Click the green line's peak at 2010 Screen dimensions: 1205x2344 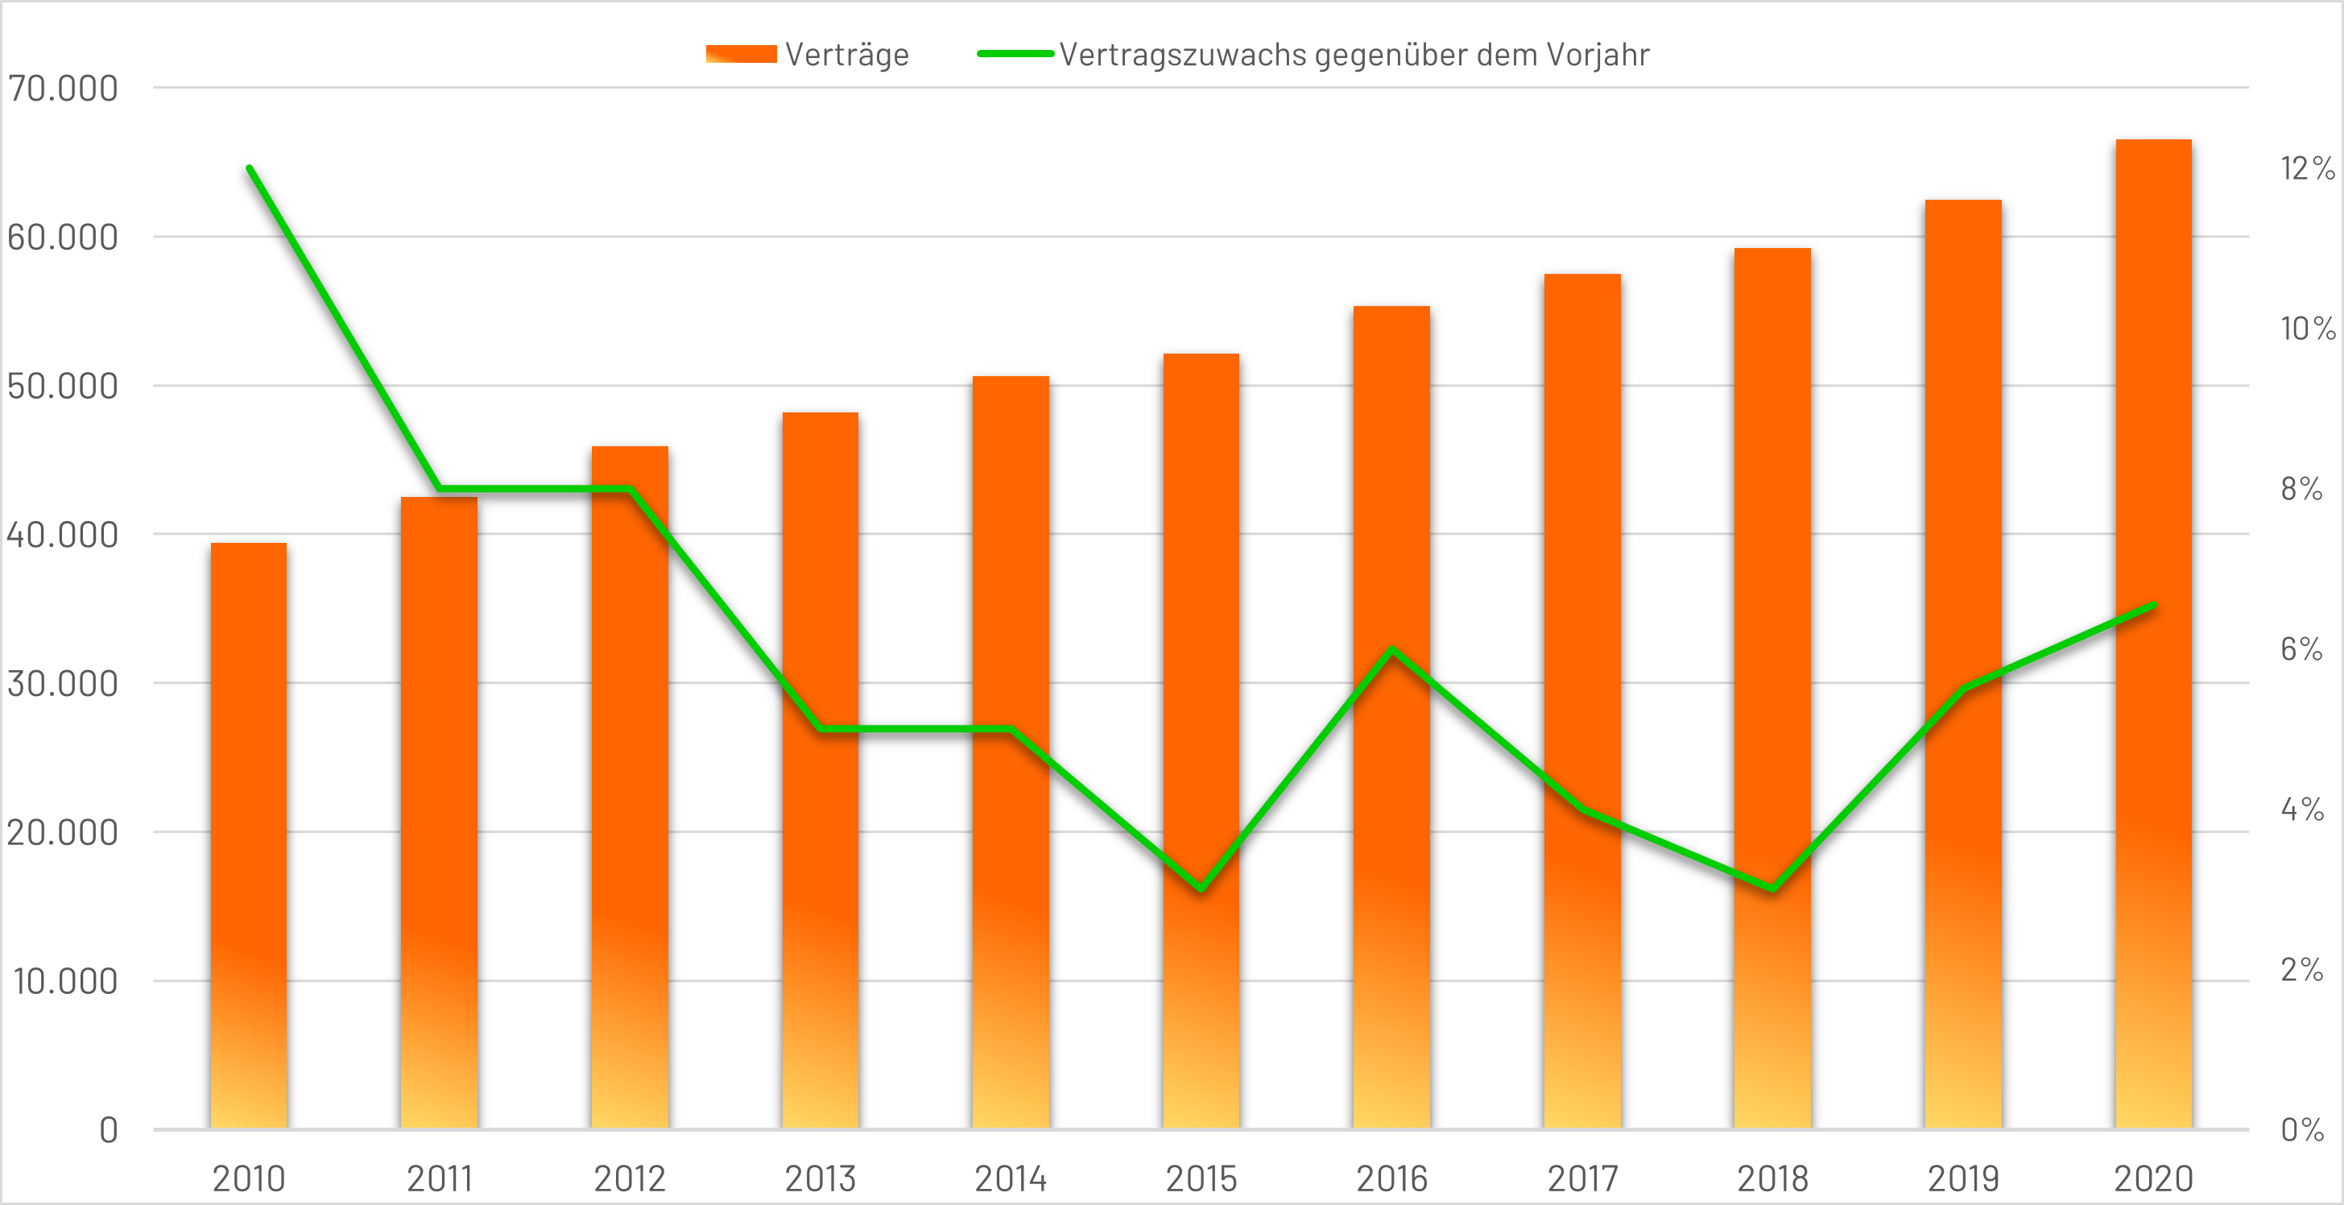(250, 168)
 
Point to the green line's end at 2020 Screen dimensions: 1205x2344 (2153, 605)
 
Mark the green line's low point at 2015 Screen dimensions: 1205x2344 (1201, 888)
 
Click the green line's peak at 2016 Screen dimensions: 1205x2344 (1392, 650)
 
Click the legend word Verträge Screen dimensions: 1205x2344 (846, 55)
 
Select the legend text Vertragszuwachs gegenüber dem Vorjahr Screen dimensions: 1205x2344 (1354, 55)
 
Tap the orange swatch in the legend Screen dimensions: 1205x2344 (741, 55)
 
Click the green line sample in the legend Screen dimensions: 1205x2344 (1015, 55)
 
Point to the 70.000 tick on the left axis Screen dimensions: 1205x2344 (62, 89)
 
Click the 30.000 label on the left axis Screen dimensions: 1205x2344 (62, 684)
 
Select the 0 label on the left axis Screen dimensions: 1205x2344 (108, 1130)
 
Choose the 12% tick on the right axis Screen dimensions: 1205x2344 (2307, 168)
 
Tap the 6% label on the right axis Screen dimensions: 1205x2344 (2301, 649)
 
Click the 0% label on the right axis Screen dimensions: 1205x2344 (2301, 1130)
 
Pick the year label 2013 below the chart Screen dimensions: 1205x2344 (820, 1178)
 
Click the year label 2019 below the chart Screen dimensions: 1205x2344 (1963, 1178)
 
